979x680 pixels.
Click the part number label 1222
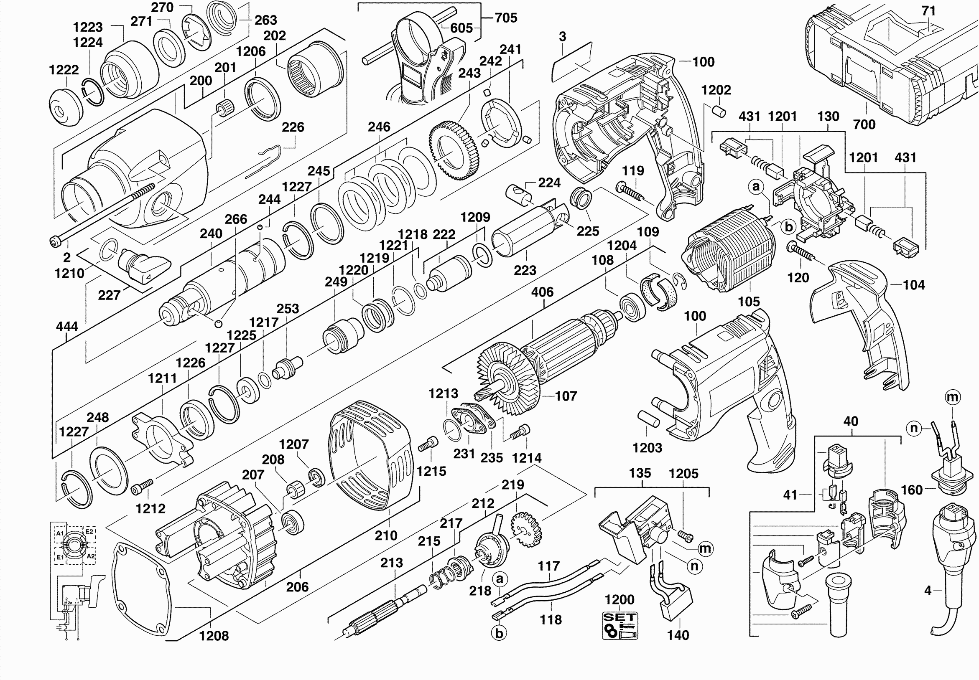[64, 70]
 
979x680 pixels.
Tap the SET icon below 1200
[620, 625]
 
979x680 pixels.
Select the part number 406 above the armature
[542, 292]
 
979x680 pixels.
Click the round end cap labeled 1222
[65, 107]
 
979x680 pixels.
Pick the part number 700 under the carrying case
[864, 124]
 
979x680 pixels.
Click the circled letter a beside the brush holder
[756, 186]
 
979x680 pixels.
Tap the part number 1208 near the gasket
[214, 636]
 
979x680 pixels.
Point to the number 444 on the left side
[67, 327]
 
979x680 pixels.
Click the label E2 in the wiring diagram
[89, 532]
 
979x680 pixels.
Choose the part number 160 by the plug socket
[912, 490]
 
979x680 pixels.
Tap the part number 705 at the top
[506, 18]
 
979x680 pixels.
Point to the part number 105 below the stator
[749, 302]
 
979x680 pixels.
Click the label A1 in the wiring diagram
[60, 533]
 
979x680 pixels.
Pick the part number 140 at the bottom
[678, 635]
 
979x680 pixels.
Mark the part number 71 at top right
[929, 11]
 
